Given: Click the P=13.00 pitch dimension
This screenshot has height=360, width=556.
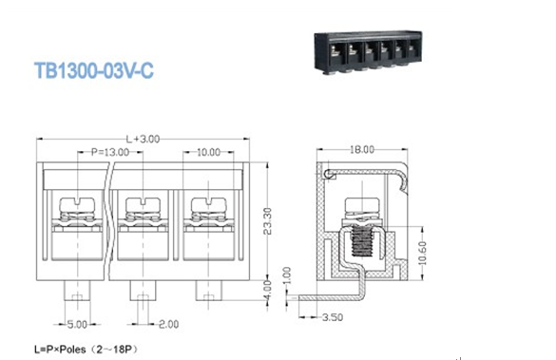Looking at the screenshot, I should coord(110,152).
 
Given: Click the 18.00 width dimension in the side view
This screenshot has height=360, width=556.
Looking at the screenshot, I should coord(362,150).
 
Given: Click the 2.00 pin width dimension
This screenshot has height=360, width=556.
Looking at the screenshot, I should coord(168,324).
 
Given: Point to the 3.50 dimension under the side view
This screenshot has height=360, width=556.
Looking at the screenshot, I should coord(333,316).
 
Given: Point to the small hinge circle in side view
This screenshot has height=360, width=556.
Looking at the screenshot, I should coord(330,176).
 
